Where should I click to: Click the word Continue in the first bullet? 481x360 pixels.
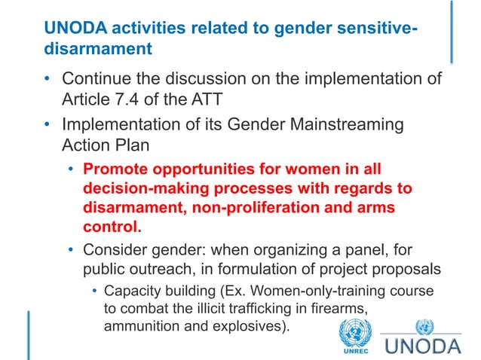[x=97, y=78]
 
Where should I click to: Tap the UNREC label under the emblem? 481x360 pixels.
[x=354, y=349]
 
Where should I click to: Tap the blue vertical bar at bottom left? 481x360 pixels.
[x=30, y=331]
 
